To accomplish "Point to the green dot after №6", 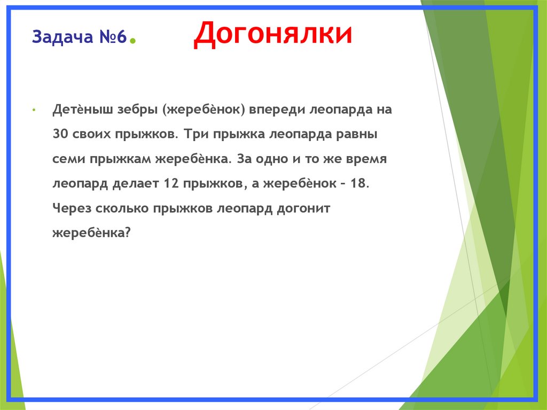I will tap(132, 41).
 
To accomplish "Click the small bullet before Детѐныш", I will tap(33, 110).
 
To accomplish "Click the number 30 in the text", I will tap(60, 134).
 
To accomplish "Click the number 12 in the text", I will tap(171, 184).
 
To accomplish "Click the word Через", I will tap(71, 208).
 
